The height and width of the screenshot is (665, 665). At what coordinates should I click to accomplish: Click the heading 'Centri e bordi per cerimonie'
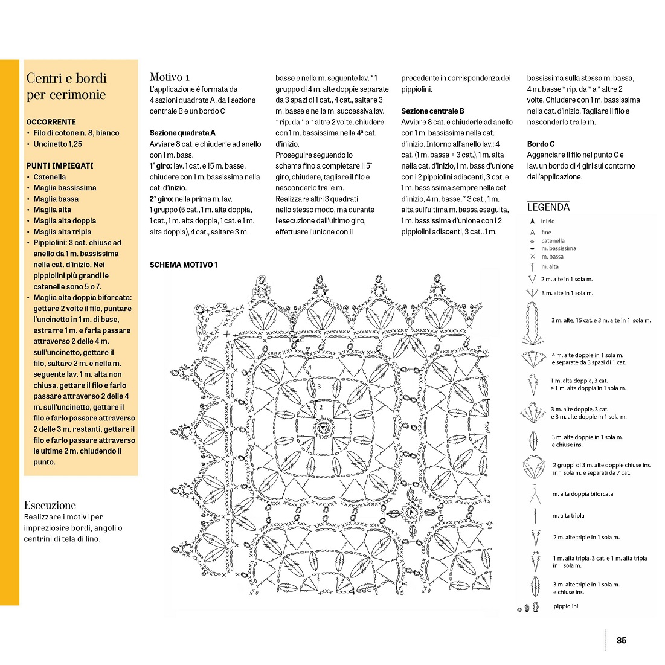tap(66, 86)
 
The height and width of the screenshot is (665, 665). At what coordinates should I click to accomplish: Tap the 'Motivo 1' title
tap(170, 77)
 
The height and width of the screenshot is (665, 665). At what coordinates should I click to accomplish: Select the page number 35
tap(622, 640)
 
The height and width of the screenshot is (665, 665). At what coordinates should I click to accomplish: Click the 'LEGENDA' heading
tap(548, 207)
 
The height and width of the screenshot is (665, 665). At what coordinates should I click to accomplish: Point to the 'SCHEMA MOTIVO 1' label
tap(184, 265)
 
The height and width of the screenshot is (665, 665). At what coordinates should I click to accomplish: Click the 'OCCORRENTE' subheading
tap(51, 122)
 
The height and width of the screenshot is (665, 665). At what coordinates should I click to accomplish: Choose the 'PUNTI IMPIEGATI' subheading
tap(60, 165)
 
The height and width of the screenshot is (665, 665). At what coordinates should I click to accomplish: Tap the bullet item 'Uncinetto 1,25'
tap(58, 144)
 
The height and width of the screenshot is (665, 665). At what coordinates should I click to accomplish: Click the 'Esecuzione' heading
tap(50, 505)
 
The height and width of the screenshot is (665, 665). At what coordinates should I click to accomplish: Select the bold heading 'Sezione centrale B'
tap(432, 111)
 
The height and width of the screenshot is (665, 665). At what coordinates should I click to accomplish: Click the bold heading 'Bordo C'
tap(541, 144)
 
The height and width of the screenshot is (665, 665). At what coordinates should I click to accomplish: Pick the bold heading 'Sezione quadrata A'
tap(182, 133)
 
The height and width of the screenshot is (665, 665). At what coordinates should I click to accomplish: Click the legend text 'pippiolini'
tap(566, 606)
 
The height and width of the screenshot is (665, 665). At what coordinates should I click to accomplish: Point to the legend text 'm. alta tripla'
tap(568, 516)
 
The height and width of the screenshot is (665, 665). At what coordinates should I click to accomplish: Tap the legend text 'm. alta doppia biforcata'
tap(582, 494)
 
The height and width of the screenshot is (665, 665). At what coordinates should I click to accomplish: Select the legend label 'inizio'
tap(548, 222)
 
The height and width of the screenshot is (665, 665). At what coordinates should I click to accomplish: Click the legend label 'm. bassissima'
tap(559, 248)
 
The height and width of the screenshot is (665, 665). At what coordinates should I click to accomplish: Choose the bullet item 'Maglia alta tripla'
tap(62, 231)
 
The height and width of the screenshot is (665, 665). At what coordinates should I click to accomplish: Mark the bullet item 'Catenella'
tap(50, 177)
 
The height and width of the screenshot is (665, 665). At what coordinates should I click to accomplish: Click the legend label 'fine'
tap(546, 232)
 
